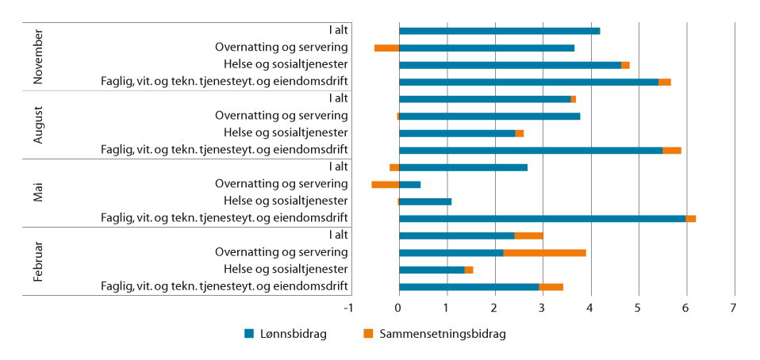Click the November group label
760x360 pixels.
pos(39,56)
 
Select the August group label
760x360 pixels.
pos(39,124)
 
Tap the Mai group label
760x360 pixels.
pos(39,193)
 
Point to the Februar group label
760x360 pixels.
pos(39,261)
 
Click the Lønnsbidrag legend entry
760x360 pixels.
pos(286,334)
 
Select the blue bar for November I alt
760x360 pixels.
pos(499,31)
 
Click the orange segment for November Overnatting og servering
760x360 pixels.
pos(386,48)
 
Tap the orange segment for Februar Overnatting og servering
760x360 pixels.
pos(545,253)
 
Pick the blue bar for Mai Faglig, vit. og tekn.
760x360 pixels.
pos(542,218)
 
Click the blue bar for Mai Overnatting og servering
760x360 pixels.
pos(409,185)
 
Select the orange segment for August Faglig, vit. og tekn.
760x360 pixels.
pos(672,150)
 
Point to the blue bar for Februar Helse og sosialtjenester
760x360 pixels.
pos(432,270)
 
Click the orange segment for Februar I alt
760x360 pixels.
pos(529,236)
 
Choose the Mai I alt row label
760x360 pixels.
pos(338,167)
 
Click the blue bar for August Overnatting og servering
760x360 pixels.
pos(489,116)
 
